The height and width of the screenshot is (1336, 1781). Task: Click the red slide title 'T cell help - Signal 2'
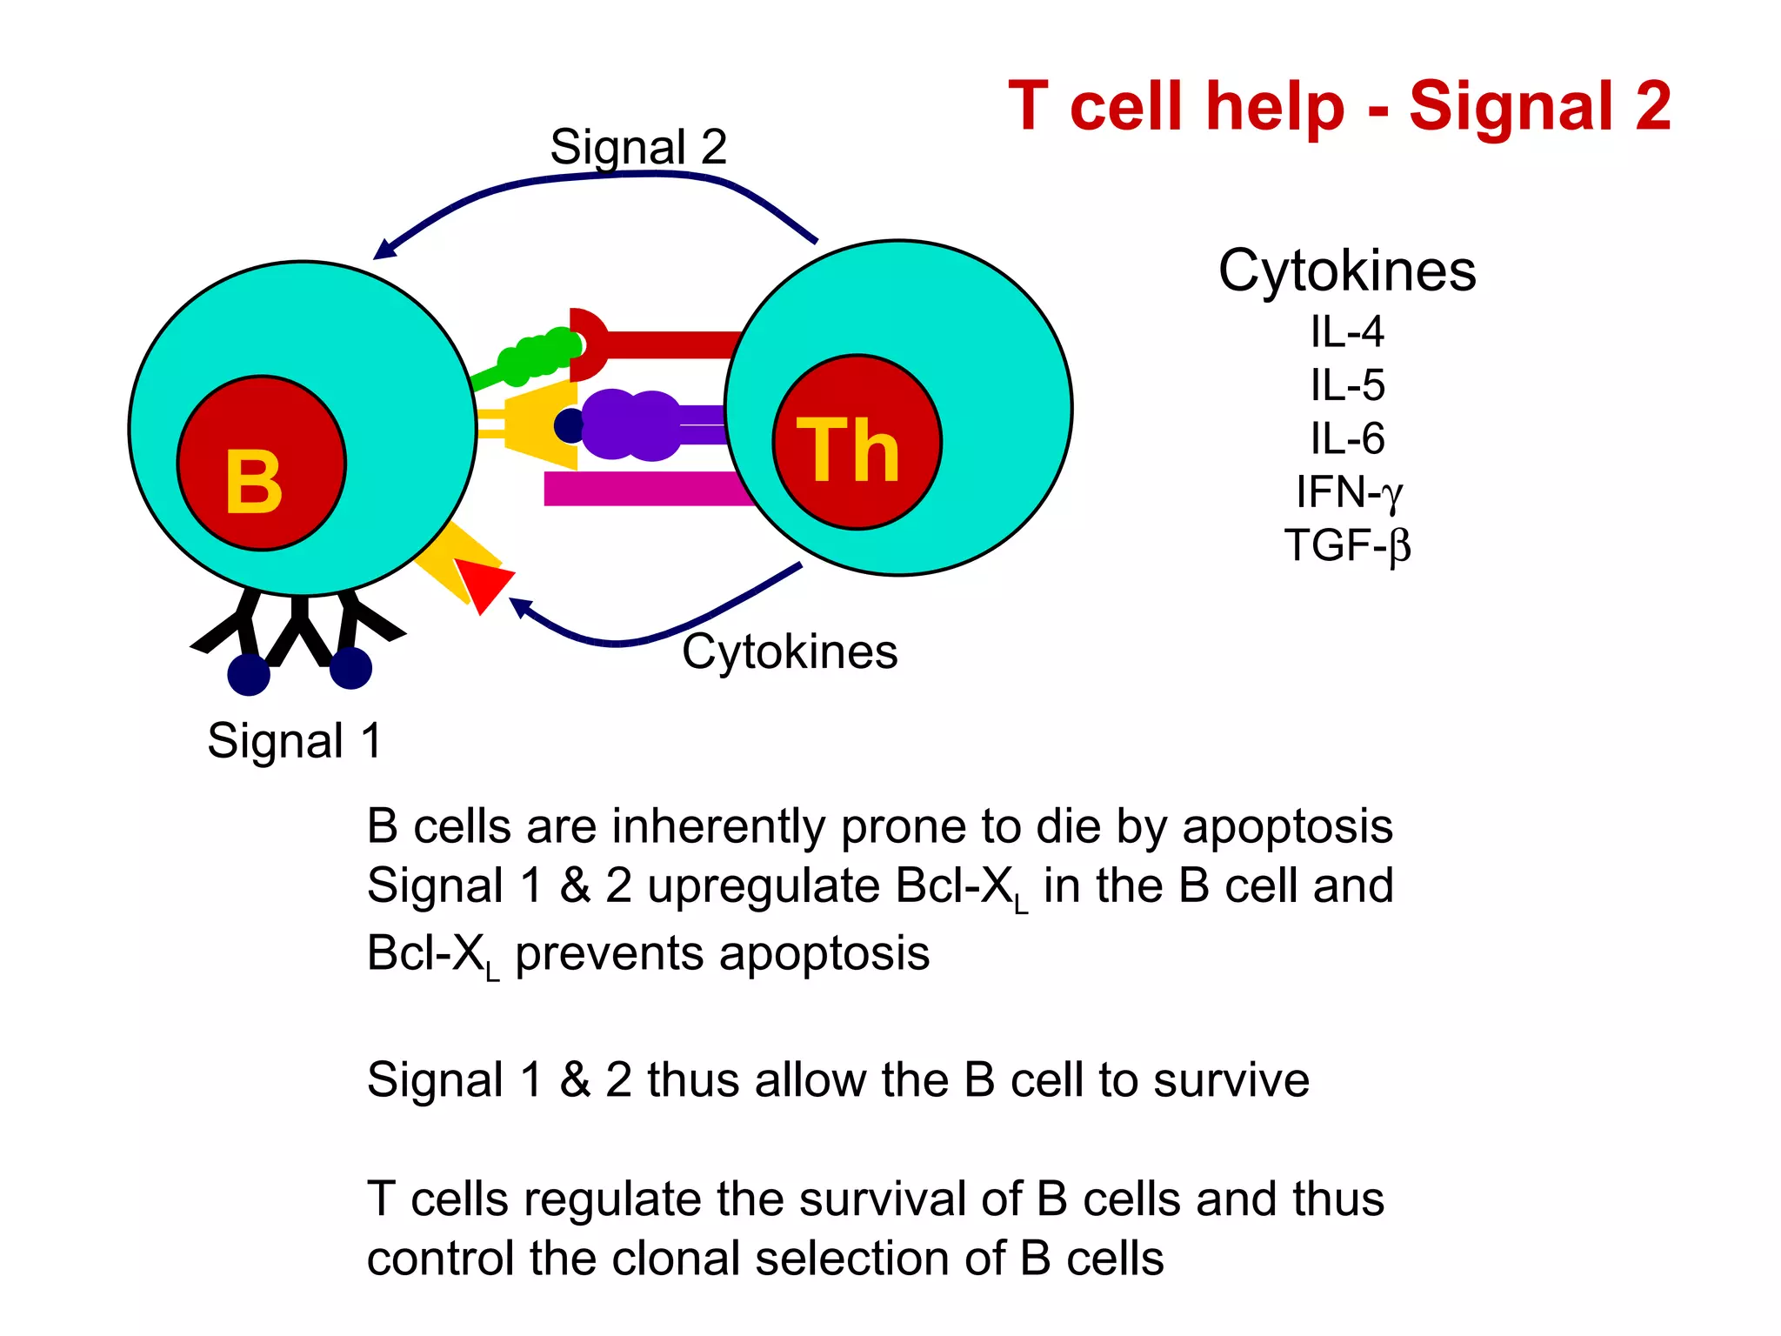click(1339, 106)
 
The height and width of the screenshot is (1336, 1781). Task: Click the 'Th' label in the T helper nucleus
click(848, 450)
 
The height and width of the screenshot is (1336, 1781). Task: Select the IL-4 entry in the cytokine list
click(1347, 332)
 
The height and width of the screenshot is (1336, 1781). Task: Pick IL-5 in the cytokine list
click(1347, 385)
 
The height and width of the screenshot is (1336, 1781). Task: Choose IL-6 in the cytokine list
click(1347, 438)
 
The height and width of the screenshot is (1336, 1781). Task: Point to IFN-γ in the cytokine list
click(1347, 492)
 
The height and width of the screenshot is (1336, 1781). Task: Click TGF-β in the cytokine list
click(1347, 546)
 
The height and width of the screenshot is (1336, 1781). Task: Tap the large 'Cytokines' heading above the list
click(1347, 271)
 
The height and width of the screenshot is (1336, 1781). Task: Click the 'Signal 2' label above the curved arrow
click(638, 147)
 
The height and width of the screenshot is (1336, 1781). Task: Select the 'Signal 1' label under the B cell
click(294, 741)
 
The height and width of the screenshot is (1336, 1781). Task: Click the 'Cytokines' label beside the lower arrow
click(790, 651)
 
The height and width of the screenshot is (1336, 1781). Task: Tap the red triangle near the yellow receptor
click(483, 583)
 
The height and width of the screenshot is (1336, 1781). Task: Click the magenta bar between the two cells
click(644, 489)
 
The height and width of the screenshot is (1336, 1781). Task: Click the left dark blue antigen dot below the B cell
click(249, 675)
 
